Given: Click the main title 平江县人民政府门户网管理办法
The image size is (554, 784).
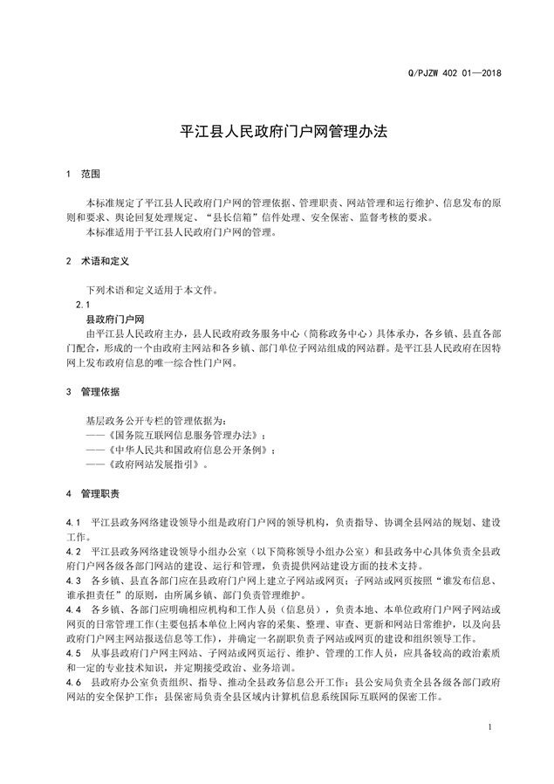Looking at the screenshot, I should (277, 133).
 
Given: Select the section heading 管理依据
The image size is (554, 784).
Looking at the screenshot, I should (101, 392).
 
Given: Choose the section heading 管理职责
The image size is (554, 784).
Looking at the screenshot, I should (101, 493).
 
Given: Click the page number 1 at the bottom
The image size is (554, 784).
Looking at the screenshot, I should (490, 727).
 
